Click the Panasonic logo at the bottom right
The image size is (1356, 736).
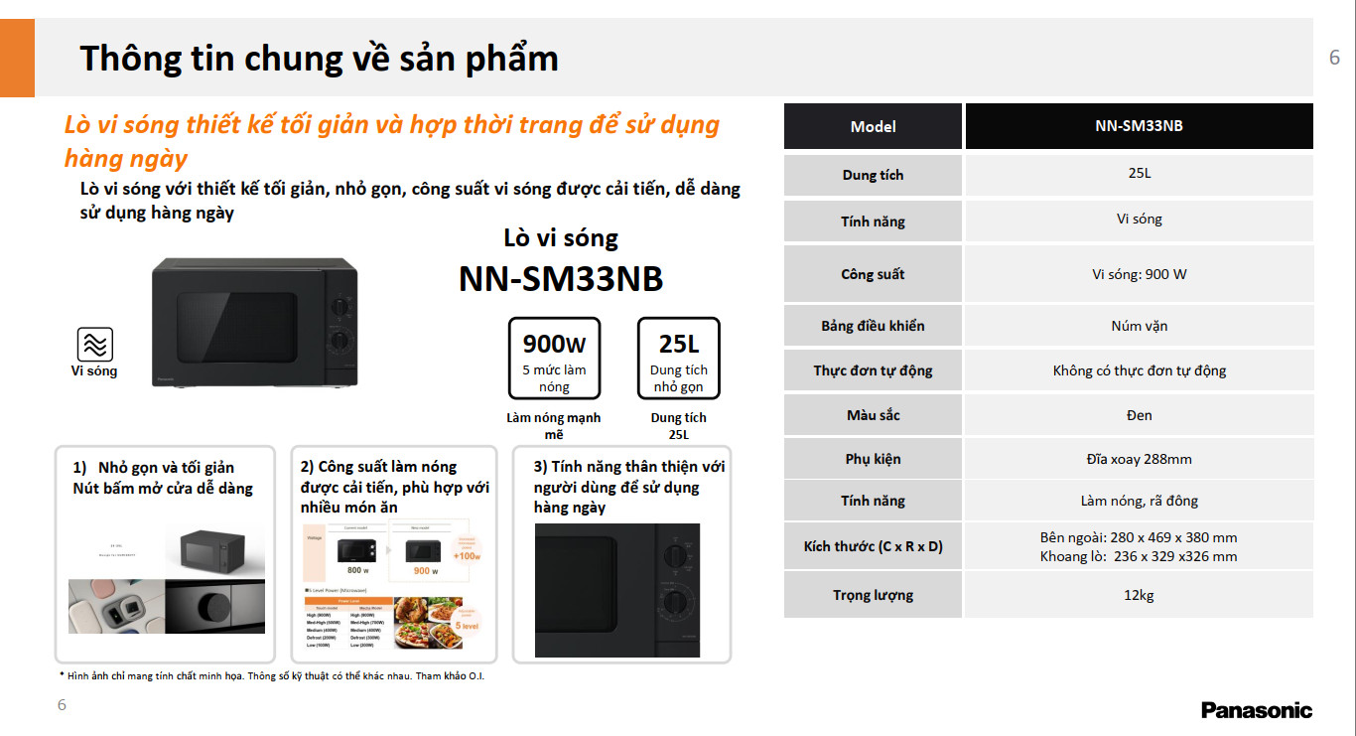(1256, 710)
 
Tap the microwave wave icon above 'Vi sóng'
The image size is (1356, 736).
(95, 344)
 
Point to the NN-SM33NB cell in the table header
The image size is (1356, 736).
(1139, 126)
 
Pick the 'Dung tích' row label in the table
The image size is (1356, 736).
(873, 175)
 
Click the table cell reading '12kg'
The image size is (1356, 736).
(1139, 595)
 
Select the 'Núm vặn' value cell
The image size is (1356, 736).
(1139, 326)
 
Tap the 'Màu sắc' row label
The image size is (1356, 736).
(873, 414)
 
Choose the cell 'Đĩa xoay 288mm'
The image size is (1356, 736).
(1139, 459)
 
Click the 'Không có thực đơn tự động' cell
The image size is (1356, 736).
(1139, 370)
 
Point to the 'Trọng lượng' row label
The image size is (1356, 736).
(873, 595)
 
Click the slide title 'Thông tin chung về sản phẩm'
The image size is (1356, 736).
(319, 58)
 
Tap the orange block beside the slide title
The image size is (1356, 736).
(17, 58)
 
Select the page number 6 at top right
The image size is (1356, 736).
(1334, 58)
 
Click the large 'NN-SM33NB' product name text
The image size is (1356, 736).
(560, 279)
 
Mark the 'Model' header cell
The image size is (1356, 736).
(873, 126)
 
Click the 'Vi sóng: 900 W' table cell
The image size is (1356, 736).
(1139, 274)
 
